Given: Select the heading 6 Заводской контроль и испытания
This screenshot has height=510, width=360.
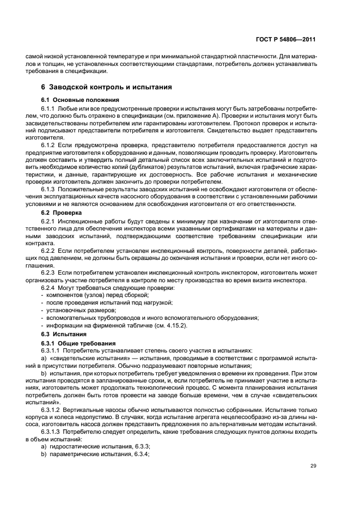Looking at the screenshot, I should click(107, 87).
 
